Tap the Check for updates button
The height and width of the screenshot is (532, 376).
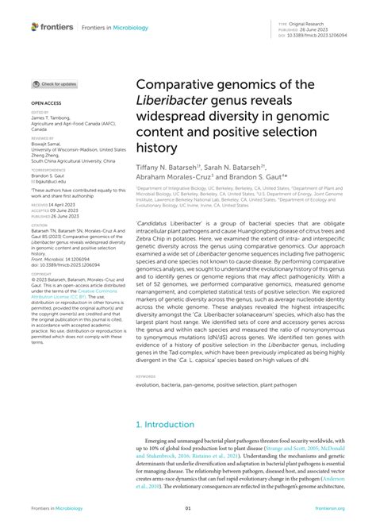tap(55, 83)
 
